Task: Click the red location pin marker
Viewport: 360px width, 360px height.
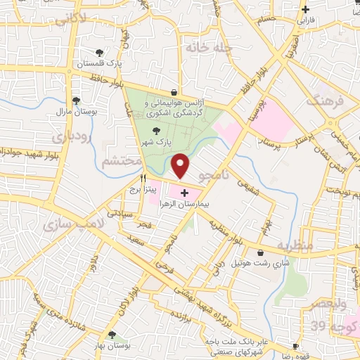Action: (181, 166)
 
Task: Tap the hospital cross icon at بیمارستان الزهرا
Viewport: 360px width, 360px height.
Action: (184, 193)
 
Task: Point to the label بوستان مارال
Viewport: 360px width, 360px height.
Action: (96, 112)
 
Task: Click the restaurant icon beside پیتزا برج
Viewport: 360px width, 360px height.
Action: (143, 179)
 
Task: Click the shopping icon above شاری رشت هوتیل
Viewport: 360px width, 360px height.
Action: (261, 252)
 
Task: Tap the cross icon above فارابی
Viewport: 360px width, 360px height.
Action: (305, 9)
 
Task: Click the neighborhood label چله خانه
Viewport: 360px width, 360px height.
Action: (205, 47)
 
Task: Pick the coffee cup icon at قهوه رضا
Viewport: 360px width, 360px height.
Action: (296, 347)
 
